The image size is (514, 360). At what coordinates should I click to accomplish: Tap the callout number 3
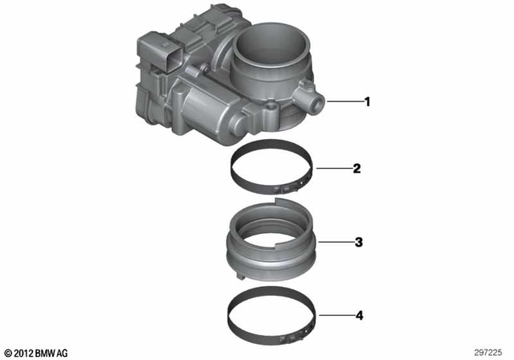[x=358, y=241]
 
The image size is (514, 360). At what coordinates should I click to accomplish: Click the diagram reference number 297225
[x=490, y=352]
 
